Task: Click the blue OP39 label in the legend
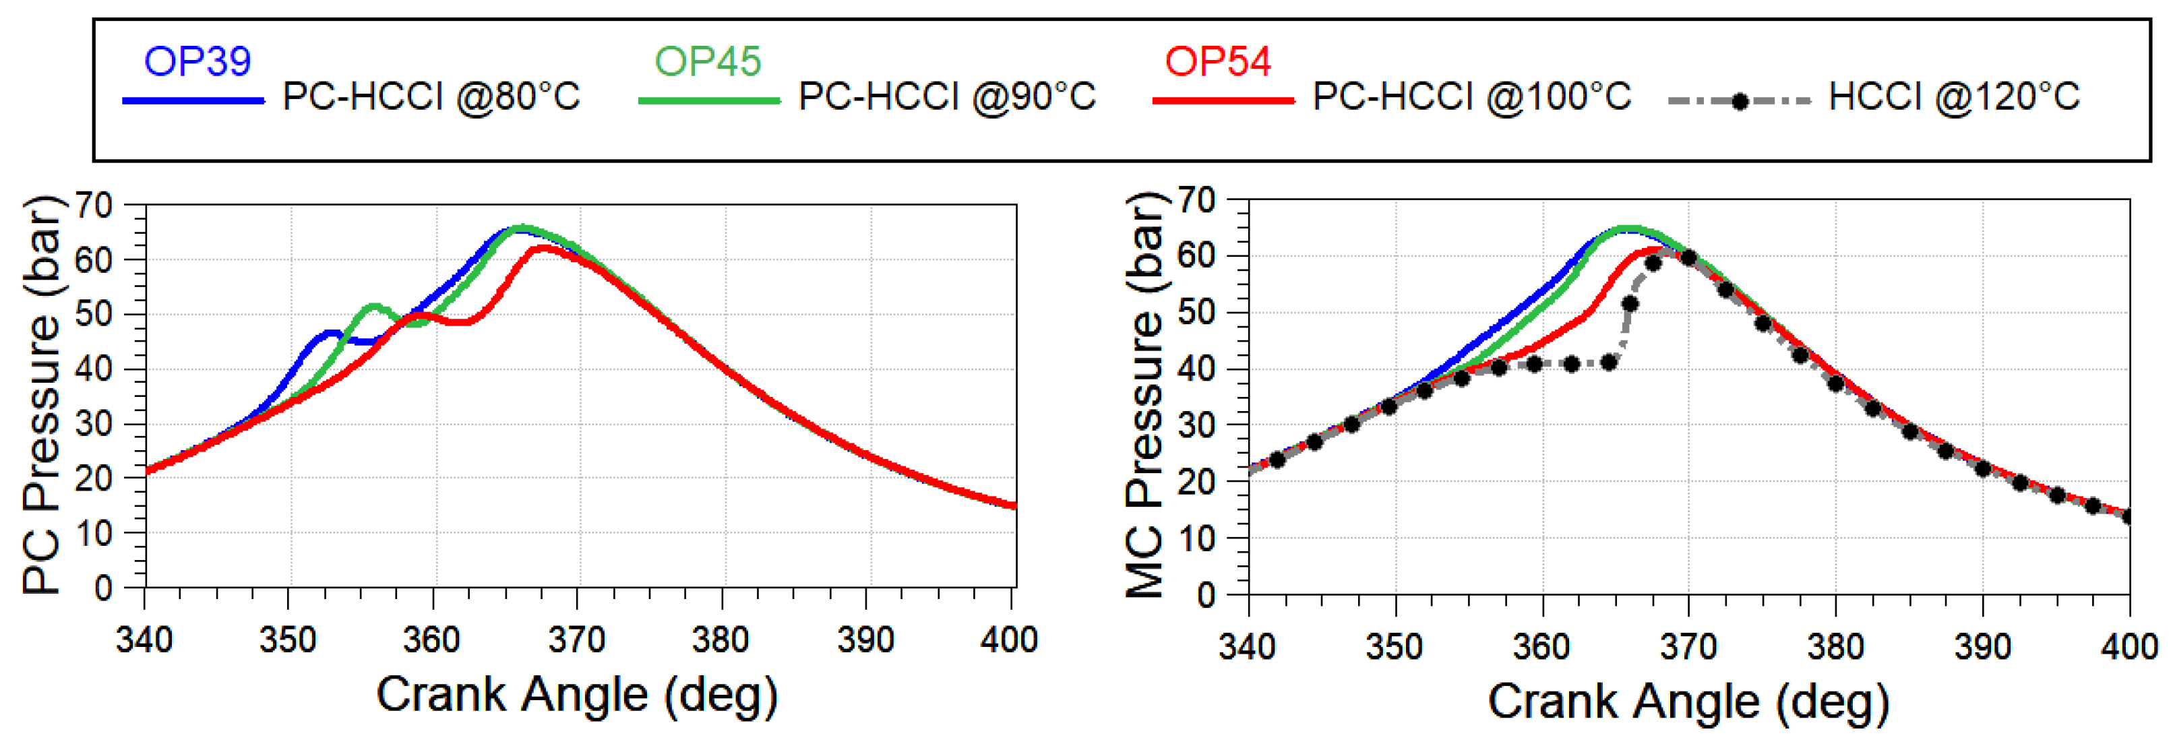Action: (x=197, y=61)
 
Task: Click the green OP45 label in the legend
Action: (x=707, y=61)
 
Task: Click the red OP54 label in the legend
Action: (x=1217, y=61)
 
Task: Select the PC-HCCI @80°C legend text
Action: (x=431, y=97)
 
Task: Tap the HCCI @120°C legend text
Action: (x=1953, y=97)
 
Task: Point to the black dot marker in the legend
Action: (x=1738, y=101)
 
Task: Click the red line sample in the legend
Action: (x=1223, y=101)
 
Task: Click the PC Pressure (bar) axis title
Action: (x=42, y=394)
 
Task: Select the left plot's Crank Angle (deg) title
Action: (x=576, y=695)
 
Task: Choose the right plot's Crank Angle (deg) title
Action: (x=1688, y=702)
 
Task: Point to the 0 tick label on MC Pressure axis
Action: (x=1206, y=595)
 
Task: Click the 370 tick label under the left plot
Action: (x=576, y=640)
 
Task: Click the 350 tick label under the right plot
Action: (x=1394, y=646)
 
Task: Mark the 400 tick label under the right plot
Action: (x=2129, y=646)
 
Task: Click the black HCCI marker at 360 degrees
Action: (x=1535, y=364)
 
